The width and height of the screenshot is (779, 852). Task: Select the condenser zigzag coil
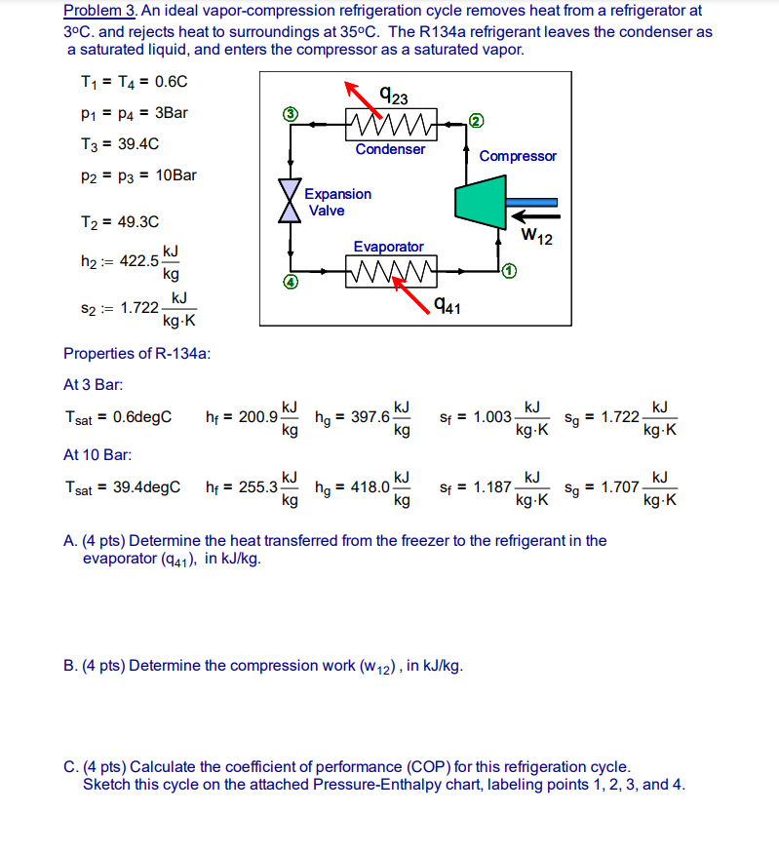pyautogui.click(x=390, y=125)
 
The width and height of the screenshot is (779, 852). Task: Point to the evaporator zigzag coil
pyautogui.click(x=389, y=265)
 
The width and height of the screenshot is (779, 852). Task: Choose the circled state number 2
pyautogui.click(x=475, y=121)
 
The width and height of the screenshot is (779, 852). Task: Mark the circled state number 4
pyautogui.click(x=290, y=282)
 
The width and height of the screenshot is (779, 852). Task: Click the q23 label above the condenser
pyautogui.click(x=394, y=95)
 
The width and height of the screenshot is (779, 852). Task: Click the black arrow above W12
pyautogui.click(x=534, y=215)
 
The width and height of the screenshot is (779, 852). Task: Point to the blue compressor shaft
pyautogui.click(x=531, y=202)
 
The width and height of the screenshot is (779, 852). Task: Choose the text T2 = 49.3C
pyautogui.click(x=119, y=221)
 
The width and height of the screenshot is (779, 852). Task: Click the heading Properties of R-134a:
pyautogui.click(x=136, y=353)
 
